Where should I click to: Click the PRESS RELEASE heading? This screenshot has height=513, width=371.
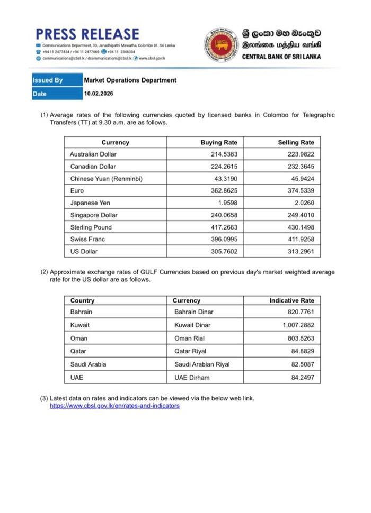87,34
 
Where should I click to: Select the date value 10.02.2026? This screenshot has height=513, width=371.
99,94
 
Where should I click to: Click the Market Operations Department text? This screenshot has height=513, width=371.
130,80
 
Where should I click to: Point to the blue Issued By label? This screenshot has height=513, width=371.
48,80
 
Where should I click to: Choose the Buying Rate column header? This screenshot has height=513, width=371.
219,142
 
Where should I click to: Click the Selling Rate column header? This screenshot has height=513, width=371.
296,142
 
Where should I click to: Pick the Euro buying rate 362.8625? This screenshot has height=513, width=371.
223,190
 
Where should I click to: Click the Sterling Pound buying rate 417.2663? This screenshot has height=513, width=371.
223,227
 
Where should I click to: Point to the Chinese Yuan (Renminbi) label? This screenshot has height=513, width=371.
106,179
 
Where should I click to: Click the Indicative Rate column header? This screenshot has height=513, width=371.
291,300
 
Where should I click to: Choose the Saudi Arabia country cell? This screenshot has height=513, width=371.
88,364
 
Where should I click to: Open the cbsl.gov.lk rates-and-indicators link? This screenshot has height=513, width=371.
114,406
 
